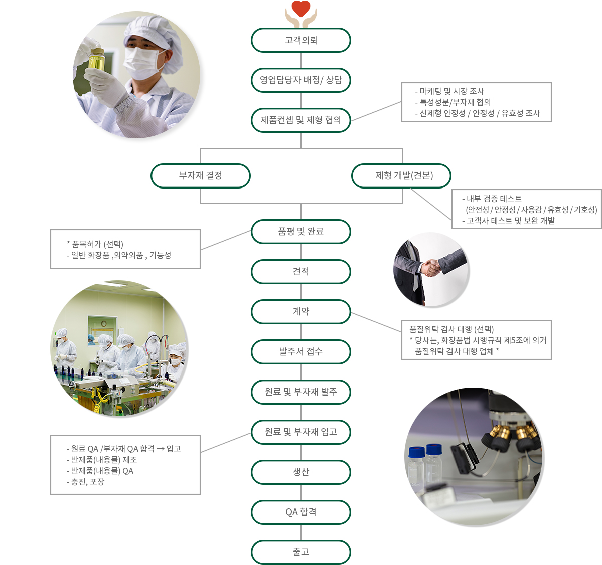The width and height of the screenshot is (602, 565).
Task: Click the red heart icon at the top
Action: click(x=300, y=8)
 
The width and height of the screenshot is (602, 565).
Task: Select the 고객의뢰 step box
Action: click(x=300, y=40)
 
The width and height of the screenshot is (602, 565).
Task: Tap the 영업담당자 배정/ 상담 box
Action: click(x=300, y=80)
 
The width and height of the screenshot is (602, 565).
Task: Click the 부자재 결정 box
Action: click(x=200, y=175)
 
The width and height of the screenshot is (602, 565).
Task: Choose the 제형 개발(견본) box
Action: click(x=401, y=175)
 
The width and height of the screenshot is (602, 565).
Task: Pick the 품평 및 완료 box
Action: click(x=300, y=232)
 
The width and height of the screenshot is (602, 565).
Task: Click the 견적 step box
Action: click(x=300, y=271)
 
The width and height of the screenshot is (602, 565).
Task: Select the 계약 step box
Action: click(x=300, y=312)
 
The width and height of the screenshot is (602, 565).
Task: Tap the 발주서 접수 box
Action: click(x=300, y=352)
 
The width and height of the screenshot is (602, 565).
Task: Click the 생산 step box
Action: click(x=300, y=472)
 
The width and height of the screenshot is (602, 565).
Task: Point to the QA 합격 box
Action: click(x=300, y=512)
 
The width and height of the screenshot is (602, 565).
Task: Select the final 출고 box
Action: click(x=300, y=552)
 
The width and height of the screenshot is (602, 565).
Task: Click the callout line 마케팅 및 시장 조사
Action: click(x=449, y=91)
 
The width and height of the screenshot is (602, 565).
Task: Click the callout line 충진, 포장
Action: click(x=85, y=482)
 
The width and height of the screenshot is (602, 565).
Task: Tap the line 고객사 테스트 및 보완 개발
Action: click(x=508, y=220)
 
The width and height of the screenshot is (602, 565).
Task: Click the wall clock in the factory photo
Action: click(x=103, y=323)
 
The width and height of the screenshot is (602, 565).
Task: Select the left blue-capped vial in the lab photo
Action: click(x=416, y=464)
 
